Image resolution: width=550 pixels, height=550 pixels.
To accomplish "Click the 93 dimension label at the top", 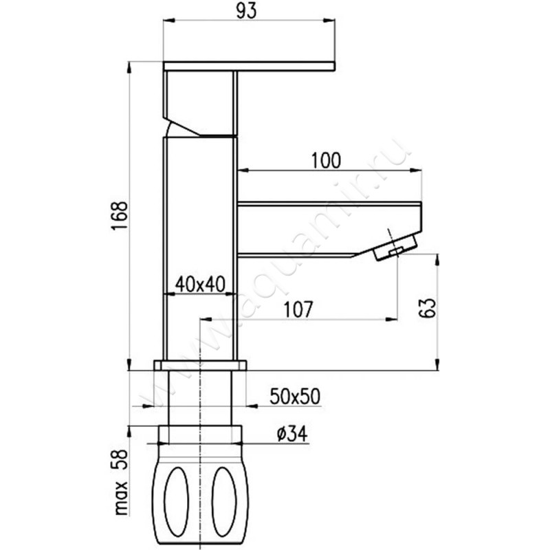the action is (246, 11).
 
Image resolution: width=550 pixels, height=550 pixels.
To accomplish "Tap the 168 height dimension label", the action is (119, 216).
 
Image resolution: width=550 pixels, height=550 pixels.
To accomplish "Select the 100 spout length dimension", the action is (326, 161).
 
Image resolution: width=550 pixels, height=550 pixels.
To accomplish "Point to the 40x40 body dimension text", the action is (200, 285).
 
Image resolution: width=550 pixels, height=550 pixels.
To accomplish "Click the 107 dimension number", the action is (298, 310).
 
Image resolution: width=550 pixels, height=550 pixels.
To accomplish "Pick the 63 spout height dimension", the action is (427, 308).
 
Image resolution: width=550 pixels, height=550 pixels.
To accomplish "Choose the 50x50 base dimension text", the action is (295, 397).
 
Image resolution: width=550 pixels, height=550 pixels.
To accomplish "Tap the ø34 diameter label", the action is (291, 434).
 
